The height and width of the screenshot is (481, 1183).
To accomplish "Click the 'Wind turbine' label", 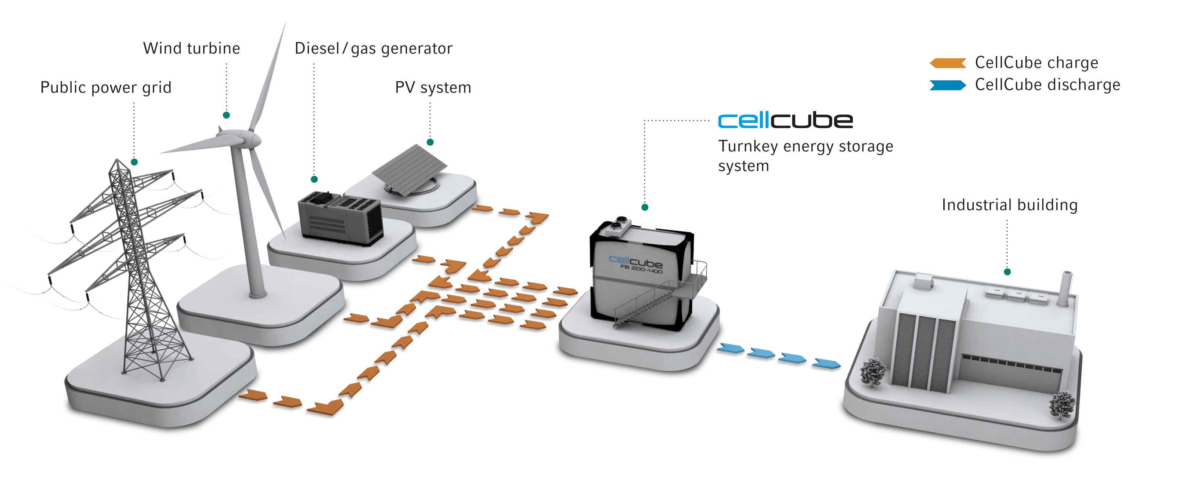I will click(x=191, y=48).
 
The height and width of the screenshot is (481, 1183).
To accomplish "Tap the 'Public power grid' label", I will click(x=106, y=87).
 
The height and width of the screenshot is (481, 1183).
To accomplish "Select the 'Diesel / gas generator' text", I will click(x=374, y=48).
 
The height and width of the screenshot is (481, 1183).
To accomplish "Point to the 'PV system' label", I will click(x=433, y=87).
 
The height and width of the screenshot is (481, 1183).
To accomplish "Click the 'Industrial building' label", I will click(x=1009, y=205).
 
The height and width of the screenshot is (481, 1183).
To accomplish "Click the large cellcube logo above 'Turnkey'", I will click(x=785, y=121).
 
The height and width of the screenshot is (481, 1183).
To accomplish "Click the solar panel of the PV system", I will click(x=410, y=166).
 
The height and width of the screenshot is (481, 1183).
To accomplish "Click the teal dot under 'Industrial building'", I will click(x=1007, y=272).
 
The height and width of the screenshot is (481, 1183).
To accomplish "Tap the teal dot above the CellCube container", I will click(x=644, y=207).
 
